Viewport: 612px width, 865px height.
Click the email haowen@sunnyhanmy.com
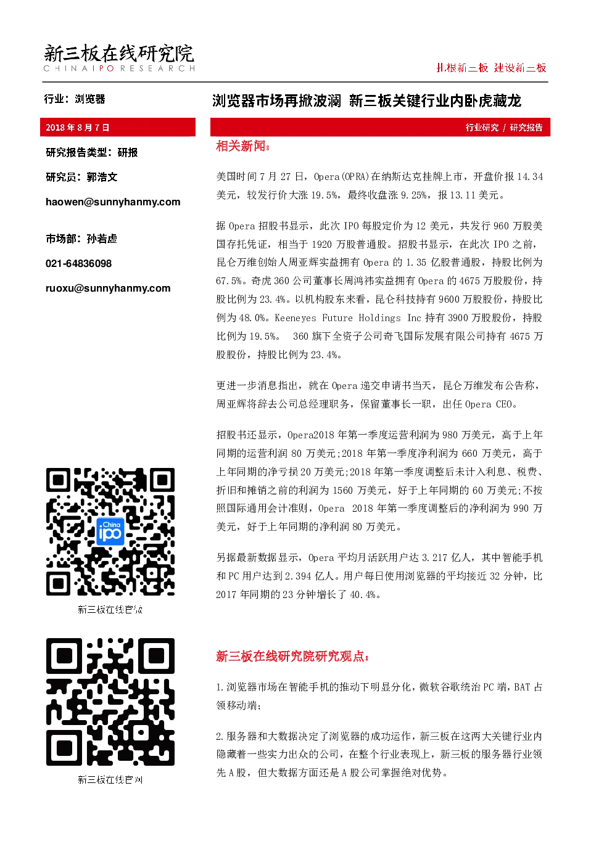coord(113,202)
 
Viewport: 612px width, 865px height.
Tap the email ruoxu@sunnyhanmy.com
coord(108,288)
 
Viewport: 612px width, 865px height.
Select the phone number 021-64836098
coord(78,264)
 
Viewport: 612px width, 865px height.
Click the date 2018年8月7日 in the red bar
coord(77,128)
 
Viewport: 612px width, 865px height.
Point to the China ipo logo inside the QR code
coord(110,531)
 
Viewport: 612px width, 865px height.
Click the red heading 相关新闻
coord(242,146)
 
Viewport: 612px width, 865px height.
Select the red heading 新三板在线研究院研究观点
coord(292,656)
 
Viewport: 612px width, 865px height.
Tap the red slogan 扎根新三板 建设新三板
coord(491,68)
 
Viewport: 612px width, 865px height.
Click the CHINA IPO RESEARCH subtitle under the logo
coord(119,68)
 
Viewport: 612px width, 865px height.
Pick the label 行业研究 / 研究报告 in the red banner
coord(504,128)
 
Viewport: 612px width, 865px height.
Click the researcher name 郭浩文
coord(102,177)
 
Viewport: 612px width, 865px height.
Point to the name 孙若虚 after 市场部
coord(102,239)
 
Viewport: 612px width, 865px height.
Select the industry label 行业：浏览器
coord(75,99)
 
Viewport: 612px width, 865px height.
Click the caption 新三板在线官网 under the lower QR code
coord(110,780)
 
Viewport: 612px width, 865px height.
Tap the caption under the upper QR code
coord(110,610)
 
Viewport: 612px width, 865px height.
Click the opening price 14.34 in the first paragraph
coord(530,177)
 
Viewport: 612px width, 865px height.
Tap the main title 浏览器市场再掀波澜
coord(276,100)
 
